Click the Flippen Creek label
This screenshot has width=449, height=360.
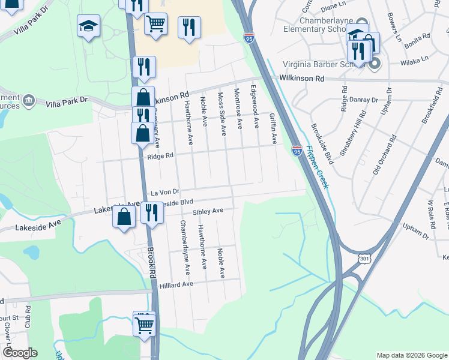click(316, 167)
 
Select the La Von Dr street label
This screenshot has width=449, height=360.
click(165, 192)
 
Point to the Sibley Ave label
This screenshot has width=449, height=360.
click(208, 211)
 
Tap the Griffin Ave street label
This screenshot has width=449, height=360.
click(273, 129)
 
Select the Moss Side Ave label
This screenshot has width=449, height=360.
click(221, 113)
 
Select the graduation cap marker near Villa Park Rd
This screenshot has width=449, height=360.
click(89, 26)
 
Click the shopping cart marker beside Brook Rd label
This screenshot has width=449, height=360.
click(144, 326)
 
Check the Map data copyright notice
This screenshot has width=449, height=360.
click(411, 355)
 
